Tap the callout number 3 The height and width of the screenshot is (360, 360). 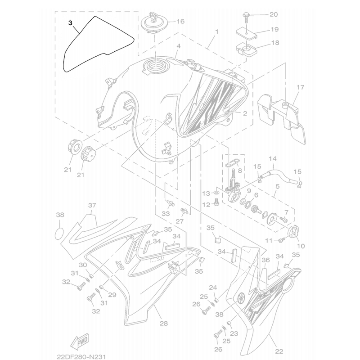click(x=71, y=22)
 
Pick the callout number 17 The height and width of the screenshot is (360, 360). click(x=300, y=87)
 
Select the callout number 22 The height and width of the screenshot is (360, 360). click(x=279, y=351)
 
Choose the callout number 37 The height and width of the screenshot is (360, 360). click(x=92, y=206)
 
